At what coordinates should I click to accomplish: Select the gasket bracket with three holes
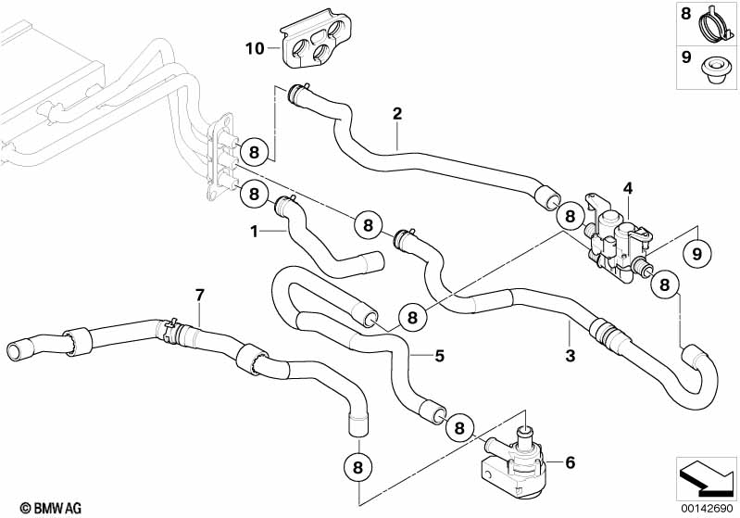318,42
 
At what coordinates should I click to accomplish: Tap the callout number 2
397,114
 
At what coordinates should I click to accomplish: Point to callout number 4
627,189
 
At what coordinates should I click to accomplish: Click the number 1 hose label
253,232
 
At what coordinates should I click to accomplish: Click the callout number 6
569,460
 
